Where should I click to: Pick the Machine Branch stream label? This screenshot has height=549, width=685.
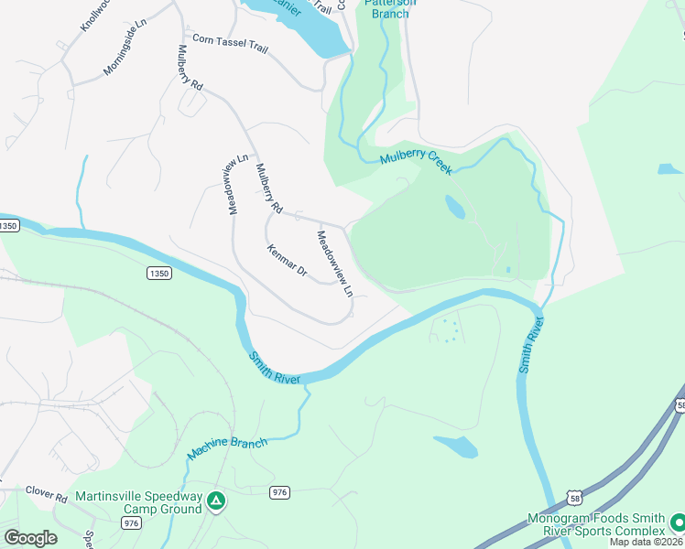click(x=227, y=448)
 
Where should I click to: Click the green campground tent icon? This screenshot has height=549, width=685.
click(x=215, y=501)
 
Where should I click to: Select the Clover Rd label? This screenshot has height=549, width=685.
click(x=47, y=499)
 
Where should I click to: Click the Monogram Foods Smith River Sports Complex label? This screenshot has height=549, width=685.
click(x=596, y=524)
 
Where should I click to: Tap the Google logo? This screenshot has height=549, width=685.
click(x=30, y=538)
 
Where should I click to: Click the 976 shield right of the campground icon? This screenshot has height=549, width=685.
click(x=280, y=492)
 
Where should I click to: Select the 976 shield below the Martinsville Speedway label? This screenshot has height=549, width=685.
click(x=131, y=522)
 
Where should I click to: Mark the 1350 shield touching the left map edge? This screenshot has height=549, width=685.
click(x=8, y=225)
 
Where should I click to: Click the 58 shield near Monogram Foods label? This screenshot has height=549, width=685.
click(x=574, y=497)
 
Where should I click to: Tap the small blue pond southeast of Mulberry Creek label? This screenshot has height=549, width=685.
click(x=455, y=207)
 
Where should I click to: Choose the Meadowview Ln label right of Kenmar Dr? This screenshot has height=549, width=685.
click(x=334, y=264)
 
